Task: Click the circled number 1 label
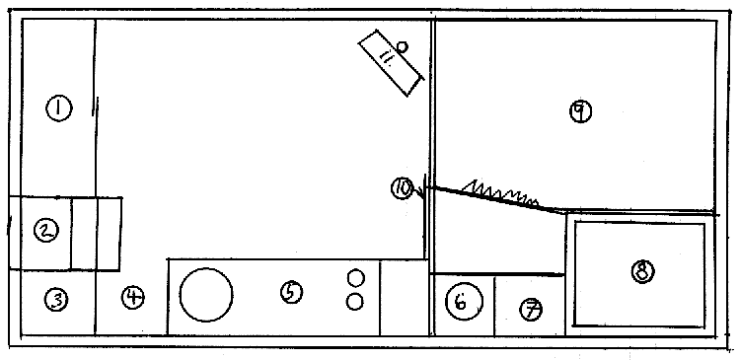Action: [58, 108]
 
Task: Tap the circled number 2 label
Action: [46, 231]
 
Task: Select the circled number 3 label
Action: [56, 300]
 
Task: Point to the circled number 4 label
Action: [133, 297]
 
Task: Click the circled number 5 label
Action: [291, 292]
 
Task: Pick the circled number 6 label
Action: [465, 302]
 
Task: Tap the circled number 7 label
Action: [531, 310]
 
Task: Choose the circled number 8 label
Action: [643, 271]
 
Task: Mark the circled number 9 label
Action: [580, 111]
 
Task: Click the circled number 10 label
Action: [402, 188]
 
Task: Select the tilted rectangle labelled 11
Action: [391, 63]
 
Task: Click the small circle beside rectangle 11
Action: [402, 46]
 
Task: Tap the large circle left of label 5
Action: [206, 295]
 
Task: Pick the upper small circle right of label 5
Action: [355, 277]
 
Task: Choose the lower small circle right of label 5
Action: [354, 302]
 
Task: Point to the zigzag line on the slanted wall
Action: [500, 193]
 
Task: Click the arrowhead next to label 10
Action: [419, 192]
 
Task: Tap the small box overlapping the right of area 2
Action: [96, 234]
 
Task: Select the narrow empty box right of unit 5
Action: [404, 297]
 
